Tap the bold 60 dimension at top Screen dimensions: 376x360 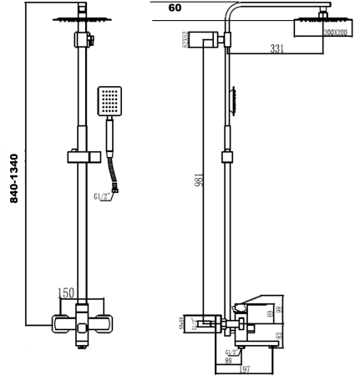175,8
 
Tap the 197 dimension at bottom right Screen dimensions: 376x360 246,369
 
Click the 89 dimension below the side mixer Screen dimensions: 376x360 228,360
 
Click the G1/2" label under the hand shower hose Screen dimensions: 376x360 107,197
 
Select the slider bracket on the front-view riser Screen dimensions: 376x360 83,155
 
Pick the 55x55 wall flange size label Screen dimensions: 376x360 183,322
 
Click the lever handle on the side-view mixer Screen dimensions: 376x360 250,304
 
